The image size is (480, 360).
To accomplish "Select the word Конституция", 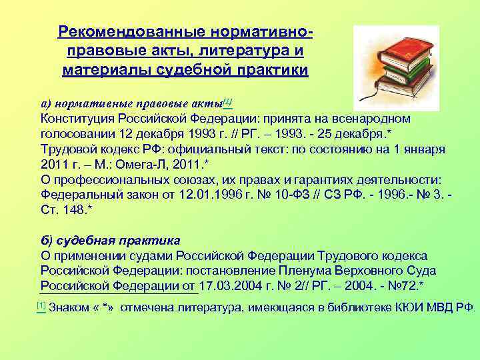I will [x=81, y=118].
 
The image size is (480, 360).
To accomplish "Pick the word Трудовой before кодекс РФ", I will [x=67, y=149].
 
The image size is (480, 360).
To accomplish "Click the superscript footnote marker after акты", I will [x=227, y=101].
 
